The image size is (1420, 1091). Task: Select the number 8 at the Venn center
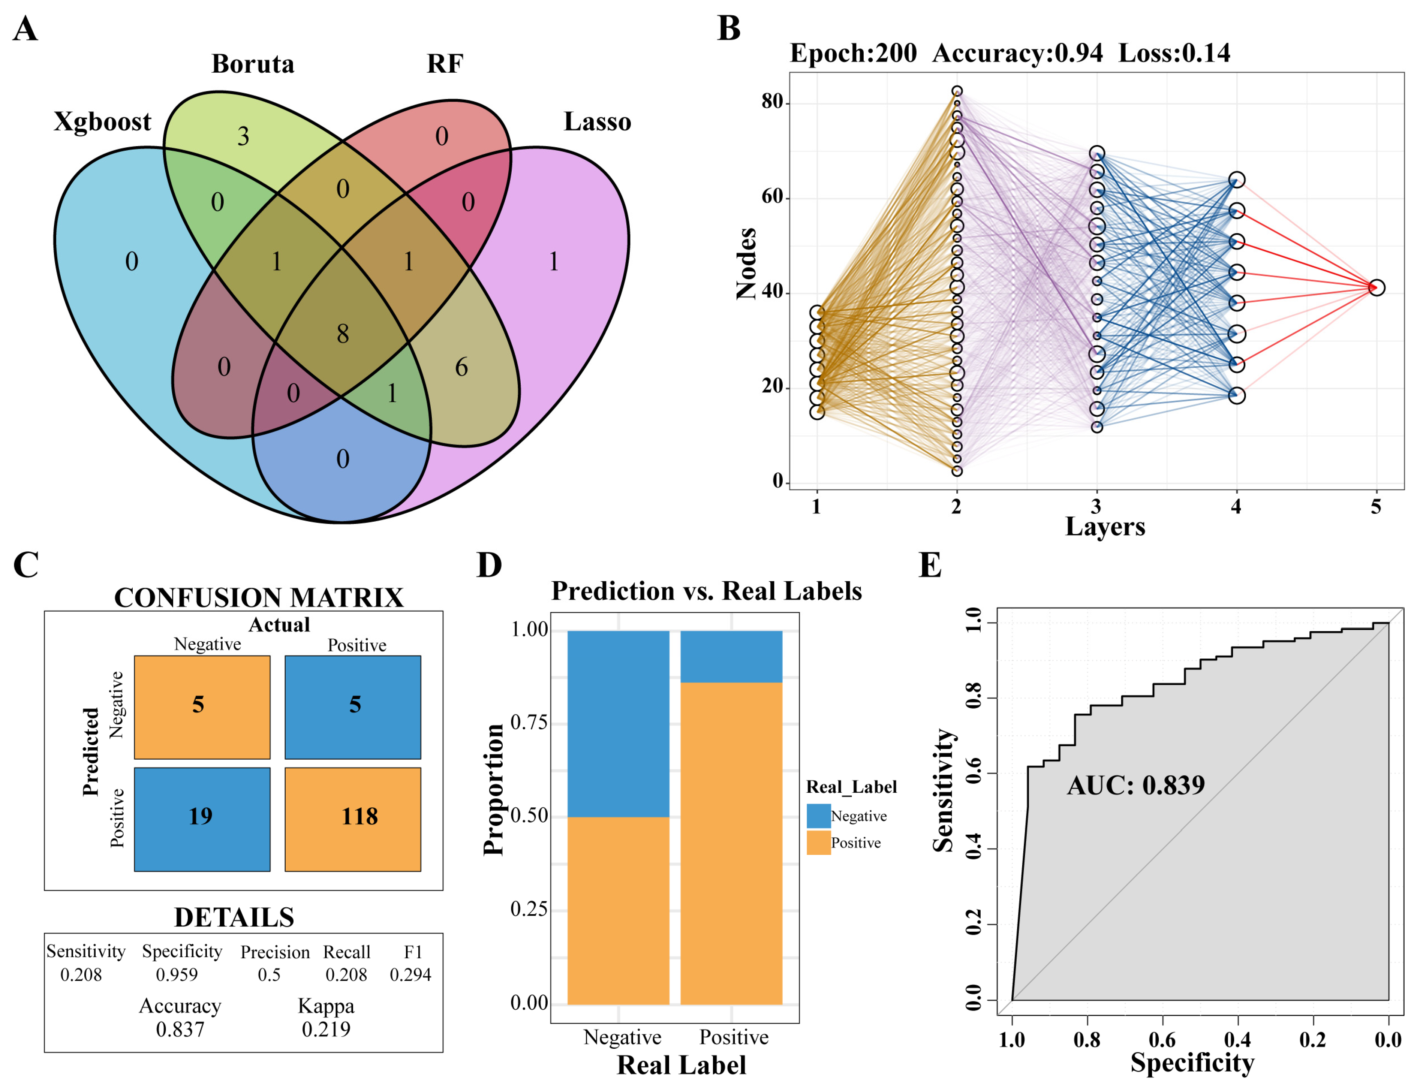[x=342, y=334]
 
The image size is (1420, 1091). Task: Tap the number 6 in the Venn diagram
[x=461, y=367]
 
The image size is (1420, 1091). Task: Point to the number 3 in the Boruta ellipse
[x=243, y=136]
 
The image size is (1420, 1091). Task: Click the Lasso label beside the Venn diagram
[x=597, y=121]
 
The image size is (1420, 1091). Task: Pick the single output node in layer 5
[x=1376, y=287]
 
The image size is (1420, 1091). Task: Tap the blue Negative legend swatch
[x=818, y=815]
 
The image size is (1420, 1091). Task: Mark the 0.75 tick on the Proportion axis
[x=529, y=722]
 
